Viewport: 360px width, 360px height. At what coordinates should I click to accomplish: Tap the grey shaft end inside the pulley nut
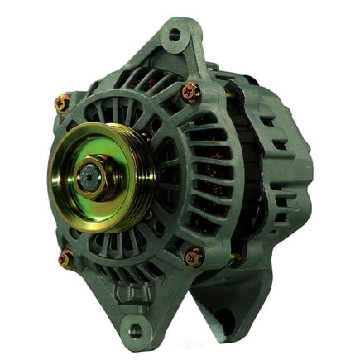pyautogui.click(x=89, y=175)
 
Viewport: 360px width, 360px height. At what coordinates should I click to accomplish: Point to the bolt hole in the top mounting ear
pyautogui.click(x=175, y=35)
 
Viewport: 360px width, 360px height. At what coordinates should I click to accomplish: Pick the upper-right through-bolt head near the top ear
pyautogui.click(x=190, y=91)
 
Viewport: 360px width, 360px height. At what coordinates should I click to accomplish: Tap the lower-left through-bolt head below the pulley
pyautogui.click(x=67, y=260)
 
